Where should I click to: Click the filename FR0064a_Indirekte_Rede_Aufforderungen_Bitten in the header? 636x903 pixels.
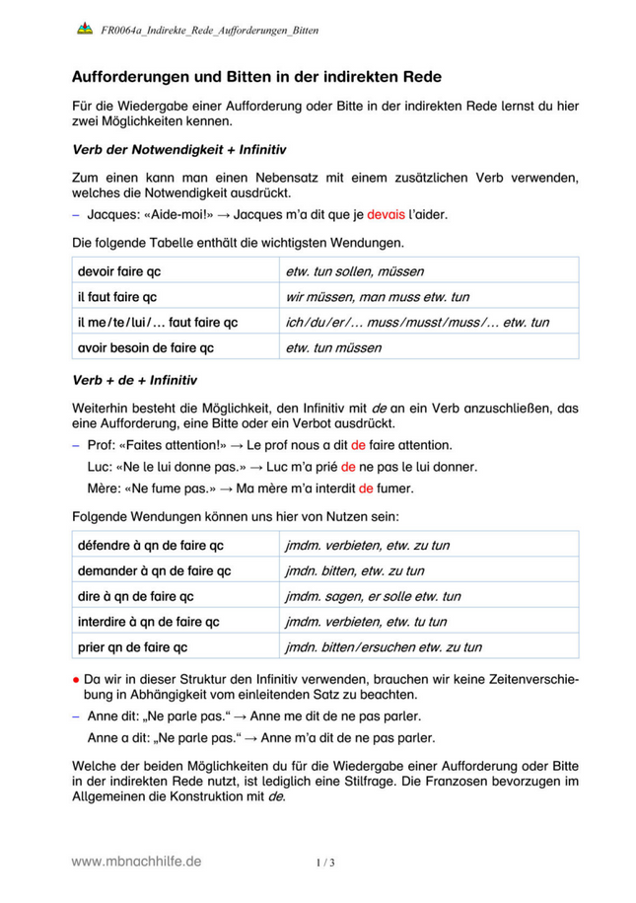point(210,32)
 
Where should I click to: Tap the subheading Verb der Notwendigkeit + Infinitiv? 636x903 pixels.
point(178,151)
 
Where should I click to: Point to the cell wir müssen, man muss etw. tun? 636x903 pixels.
point(377,297)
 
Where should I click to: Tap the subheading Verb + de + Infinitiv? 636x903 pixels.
point(135,380)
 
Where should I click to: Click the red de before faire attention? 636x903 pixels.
point(358,445)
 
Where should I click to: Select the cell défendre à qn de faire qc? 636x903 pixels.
point(150,545)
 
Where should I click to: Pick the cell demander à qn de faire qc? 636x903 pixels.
point(154,570)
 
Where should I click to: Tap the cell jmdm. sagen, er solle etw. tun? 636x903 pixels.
point(372,596)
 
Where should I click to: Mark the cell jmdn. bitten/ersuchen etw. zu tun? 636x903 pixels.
point(383,647)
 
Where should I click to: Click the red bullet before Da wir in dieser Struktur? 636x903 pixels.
point(76,680)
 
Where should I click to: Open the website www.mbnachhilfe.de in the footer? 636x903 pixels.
point(136,862)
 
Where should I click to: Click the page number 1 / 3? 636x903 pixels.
point(326,863)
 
